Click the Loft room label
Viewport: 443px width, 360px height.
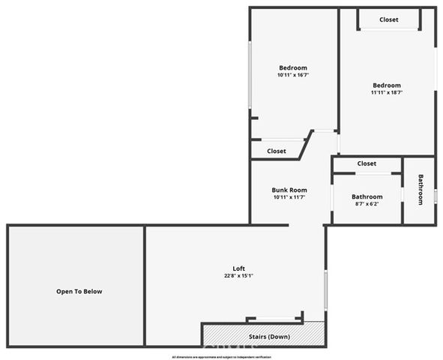point(238,268)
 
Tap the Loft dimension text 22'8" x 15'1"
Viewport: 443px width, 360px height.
point(238,276)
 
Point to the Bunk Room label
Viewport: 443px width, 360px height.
point(289,190)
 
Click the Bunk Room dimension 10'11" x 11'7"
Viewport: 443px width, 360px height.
point(289,198)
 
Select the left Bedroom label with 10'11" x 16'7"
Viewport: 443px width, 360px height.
point(293,67)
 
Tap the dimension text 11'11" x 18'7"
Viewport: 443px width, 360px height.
point(387,93)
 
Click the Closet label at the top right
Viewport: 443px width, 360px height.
point(388,19)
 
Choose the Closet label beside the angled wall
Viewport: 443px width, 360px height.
point(277,151)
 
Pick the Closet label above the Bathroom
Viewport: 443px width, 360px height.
point(367,163)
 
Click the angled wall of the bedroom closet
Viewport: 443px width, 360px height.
point(306,145)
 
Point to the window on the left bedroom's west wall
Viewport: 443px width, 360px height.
point(250,75)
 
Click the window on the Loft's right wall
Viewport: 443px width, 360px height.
point(325,289)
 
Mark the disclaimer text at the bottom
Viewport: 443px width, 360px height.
point(221,357)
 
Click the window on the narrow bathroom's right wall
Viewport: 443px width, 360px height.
point(435,196)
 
